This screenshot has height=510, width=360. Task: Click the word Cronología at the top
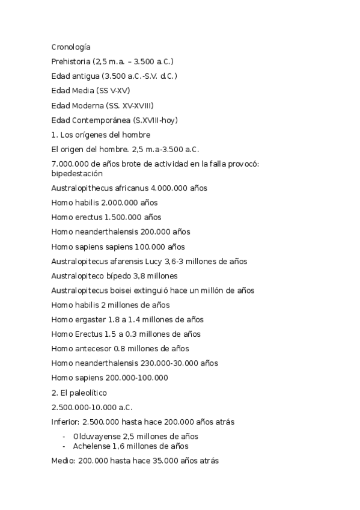click(x=71, y=46)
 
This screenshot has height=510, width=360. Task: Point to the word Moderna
click(x=90, y=105)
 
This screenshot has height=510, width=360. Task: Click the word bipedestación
click(x=77, y=173)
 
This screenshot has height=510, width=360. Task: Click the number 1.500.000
click(x=125, y=217)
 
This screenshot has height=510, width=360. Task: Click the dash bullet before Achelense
click(x=64, y=446)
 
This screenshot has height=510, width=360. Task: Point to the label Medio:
click(x=64, y=461)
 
